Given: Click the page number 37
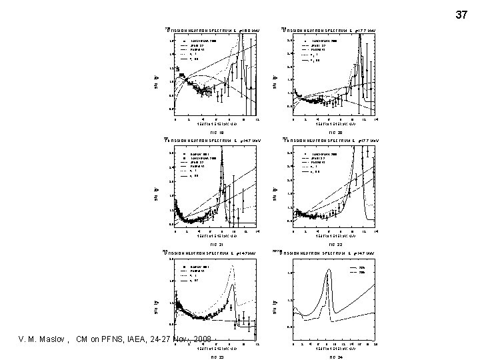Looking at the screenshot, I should tap(462, 14).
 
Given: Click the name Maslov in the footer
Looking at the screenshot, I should tap(47, 340).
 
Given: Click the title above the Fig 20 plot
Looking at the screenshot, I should tap(330, 31).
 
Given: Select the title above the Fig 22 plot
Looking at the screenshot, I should tap(330, 141).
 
